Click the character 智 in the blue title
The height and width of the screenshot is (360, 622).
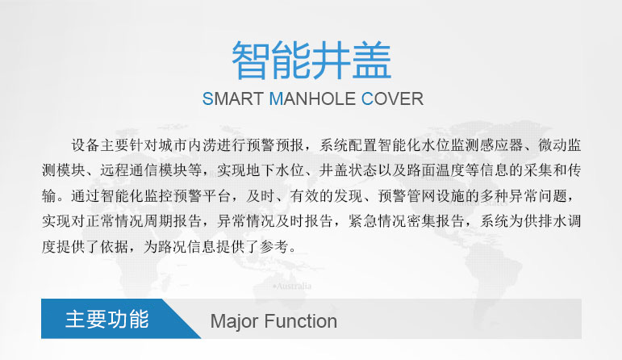(251, 61)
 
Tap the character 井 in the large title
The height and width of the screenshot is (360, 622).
(332, 61)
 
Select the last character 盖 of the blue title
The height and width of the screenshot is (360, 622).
(372, 61)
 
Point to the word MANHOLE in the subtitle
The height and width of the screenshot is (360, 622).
(312, 98)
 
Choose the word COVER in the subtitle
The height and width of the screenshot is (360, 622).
(392, 98)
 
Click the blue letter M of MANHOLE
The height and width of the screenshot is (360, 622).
(276, 98)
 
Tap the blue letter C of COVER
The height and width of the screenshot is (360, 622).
(367, 98)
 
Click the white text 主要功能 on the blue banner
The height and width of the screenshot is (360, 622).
(107, 319)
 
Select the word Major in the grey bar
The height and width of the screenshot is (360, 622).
(234, 322)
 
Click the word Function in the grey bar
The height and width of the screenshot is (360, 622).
(300, 321)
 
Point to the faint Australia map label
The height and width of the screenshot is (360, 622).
(293, 287)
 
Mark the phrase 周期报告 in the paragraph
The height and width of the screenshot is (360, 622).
(173, 221)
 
